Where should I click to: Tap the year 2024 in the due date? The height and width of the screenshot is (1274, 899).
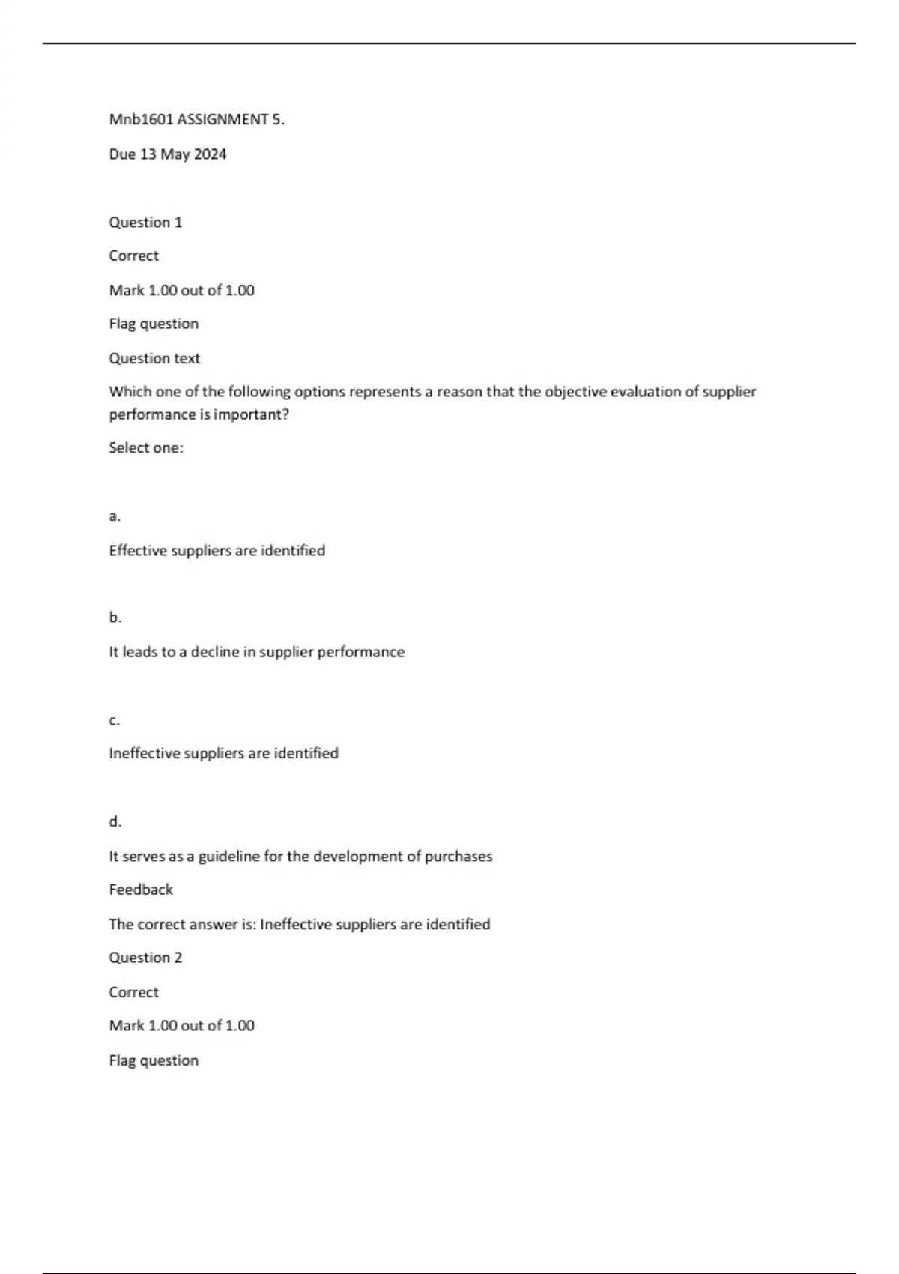210,154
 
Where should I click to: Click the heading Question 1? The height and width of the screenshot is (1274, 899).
145,222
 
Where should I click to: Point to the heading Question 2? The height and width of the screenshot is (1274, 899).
145,958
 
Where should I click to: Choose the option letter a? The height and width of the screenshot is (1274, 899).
114,516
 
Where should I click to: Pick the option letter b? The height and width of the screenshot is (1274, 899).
115,618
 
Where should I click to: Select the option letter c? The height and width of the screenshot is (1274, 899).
114,720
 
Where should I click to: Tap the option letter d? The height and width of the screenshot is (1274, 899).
115,821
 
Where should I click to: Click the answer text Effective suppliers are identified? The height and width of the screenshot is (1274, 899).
217,551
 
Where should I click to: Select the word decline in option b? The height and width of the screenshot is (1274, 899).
214,652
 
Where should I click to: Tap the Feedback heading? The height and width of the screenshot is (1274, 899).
141,890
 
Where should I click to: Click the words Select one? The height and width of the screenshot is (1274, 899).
146,448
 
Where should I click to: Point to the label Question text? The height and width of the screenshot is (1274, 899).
154,358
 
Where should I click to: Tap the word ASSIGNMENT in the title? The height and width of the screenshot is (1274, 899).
223,120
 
